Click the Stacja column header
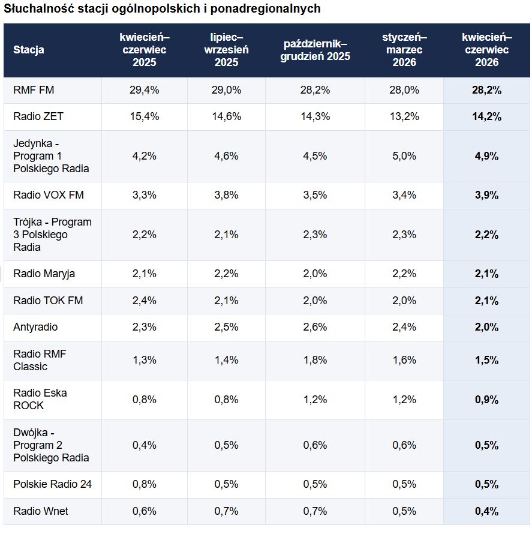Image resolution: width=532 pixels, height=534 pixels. [29, 50]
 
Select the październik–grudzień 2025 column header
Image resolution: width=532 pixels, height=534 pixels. [315, 50]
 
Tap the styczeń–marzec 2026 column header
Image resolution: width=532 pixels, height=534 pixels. [404, 50]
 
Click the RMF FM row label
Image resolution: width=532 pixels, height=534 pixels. [34, 90]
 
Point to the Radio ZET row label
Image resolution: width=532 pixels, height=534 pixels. [38, 116]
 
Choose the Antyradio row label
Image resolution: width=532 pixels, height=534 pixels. [35, 327]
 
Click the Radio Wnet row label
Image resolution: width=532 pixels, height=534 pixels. [41, 511]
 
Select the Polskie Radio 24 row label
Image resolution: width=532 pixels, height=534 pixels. [52, 484]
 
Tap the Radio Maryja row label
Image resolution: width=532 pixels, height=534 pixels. [44, 274]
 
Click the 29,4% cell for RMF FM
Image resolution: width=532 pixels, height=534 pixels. [145, 90]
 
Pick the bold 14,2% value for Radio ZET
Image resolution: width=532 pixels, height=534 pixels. [487, 116]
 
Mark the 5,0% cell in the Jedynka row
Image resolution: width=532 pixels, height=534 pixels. [404, 156]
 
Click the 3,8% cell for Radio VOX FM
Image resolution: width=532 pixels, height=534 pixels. [226, 195]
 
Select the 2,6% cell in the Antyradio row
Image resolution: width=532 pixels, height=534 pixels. [315, 327]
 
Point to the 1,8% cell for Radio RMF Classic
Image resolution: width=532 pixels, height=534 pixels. [315, 360]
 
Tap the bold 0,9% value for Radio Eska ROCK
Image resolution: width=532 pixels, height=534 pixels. [487, 400]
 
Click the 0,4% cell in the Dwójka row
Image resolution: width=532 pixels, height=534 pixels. [145, 445]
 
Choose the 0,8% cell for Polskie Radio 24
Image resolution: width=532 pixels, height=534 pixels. [145, 484]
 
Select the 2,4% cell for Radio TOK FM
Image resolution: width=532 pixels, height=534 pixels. [145, 301]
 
